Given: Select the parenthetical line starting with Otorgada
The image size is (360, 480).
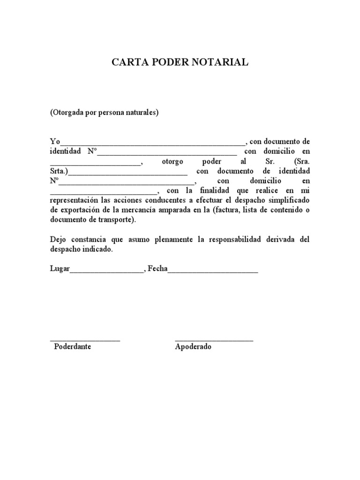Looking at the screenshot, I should [105, 113].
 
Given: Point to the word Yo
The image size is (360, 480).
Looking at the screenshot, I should [55, 142].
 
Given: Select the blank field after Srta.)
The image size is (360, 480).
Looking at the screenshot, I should [127, 172].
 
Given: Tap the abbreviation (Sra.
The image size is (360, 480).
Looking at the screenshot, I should [300, 161].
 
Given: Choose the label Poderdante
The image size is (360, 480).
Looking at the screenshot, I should [73, 347].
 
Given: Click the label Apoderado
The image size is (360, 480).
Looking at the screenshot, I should [193, 347].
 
